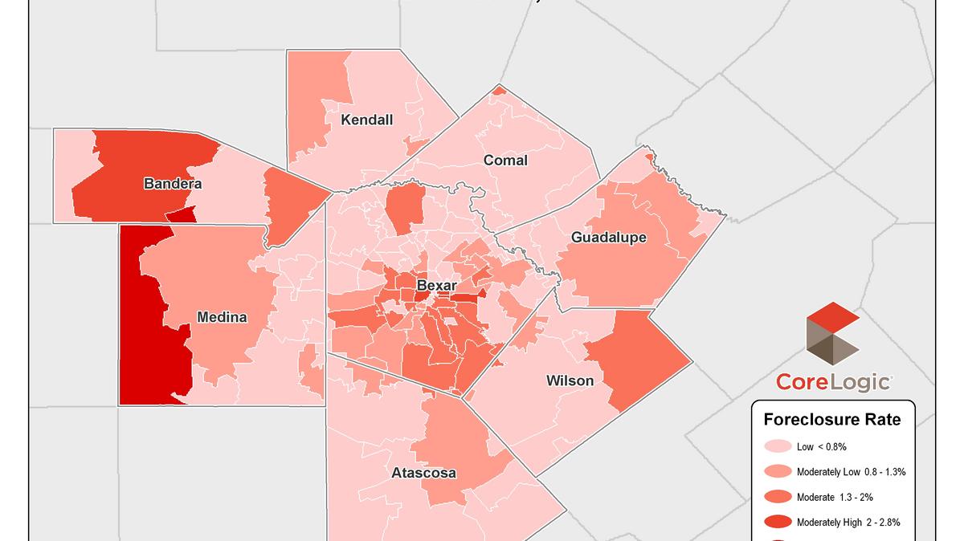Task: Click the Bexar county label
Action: click(436, 285)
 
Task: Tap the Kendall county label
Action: click(366, 120)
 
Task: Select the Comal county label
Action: click(505, 161)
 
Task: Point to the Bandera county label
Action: click(173, 184)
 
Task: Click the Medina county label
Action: click(222, 317)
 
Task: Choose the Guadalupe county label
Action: click(608, 238)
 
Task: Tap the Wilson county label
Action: click(570, 380)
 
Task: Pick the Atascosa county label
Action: click(423, 473)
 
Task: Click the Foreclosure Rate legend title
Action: click(831, 419)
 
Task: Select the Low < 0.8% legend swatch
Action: click(778, 445)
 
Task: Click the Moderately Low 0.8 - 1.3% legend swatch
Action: click(778, 471)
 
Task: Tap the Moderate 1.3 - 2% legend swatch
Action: click(778, 497)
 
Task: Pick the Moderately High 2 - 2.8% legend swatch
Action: click(778, 522)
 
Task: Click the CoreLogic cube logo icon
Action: click(832, 333)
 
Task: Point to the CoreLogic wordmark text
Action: click(833, 382)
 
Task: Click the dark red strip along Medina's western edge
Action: click(149, 337)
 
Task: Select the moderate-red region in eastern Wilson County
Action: click(639, 357)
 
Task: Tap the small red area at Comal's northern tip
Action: click(499, 90)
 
